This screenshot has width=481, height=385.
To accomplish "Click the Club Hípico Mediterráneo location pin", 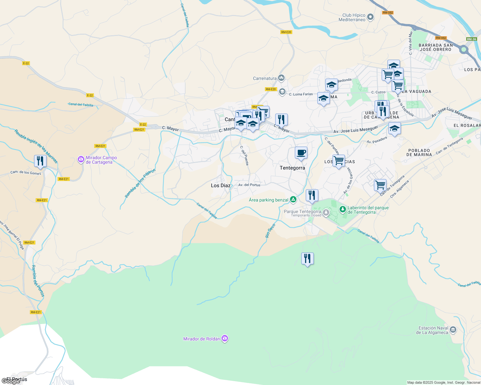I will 370,17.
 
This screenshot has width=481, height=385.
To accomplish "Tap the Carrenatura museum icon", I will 282,78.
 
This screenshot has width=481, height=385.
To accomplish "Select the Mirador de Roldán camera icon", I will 225,338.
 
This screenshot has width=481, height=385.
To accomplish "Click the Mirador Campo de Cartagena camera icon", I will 81,159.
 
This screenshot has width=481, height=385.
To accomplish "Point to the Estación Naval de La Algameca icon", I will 453,330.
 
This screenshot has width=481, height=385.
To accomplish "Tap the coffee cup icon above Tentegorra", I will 301,153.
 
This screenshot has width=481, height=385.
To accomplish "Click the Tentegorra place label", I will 292,168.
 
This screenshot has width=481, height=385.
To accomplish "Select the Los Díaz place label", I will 221,185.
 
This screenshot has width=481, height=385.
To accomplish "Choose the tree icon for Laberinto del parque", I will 343,210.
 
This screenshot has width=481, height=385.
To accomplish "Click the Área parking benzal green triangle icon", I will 293,200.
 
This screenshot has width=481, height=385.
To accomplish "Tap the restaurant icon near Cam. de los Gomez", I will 40,161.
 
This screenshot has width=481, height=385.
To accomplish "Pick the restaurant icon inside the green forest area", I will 307,258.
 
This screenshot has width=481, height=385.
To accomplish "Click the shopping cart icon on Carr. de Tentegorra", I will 380,185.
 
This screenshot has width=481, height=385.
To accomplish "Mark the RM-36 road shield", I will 472,39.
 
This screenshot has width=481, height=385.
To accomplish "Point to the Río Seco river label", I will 270,231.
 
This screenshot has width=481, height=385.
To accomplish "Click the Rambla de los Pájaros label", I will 140,183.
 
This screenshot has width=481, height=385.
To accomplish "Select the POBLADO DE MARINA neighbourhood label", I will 419,152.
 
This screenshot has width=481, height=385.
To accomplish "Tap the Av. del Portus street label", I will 249,185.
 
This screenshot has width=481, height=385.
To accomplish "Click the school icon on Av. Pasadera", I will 395,129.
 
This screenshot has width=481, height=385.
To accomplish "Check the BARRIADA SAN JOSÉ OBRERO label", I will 436,47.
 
